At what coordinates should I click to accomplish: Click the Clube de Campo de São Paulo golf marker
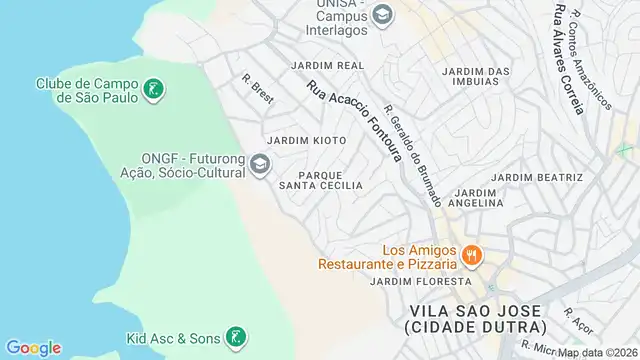(x=153, y=91)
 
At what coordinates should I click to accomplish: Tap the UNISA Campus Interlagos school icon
(x=382, y=16)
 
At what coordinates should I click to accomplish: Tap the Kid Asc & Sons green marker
(x=234, y=338)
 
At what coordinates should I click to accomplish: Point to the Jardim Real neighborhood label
(x=327, y=65)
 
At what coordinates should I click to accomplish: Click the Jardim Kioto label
(x=307, y=141)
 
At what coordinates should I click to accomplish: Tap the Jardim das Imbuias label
(x=476, y=76)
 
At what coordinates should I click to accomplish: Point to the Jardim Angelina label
(x=478, y=197)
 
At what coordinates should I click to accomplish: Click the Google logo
(x=33, y=348)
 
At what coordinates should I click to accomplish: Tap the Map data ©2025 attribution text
(x=595, y=353)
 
